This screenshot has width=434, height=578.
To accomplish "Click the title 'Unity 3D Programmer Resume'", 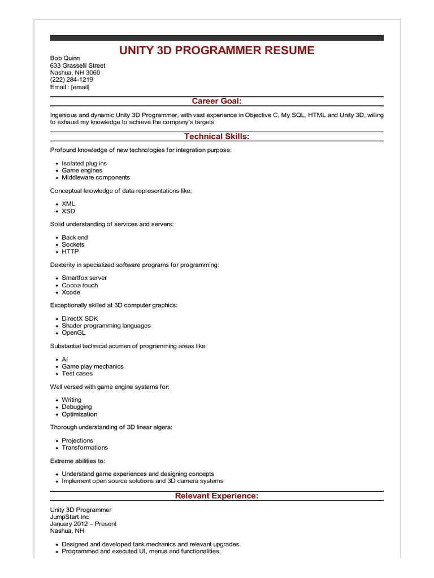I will click(x=216, y=51).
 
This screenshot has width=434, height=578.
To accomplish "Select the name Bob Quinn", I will click(x=65, y=58).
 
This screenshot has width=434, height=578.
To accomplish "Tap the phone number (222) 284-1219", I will click(x=72, y=80).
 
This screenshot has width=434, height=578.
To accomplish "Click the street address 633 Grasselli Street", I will click(x=77, y=65).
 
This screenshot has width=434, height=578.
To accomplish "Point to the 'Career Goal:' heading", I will click(x=216, y=101).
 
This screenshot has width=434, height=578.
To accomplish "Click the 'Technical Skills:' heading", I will click(x=216, y=137).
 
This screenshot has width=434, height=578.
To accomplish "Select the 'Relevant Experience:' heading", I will click(x=216, y=496).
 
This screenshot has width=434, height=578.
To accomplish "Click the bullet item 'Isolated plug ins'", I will click(x=84, y=163).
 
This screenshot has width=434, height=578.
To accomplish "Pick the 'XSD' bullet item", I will click(x=68, y=211).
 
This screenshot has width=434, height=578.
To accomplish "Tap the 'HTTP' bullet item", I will click(x=70, y=252).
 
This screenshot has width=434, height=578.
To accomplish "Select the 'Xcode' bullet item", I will click(x=71, y=292).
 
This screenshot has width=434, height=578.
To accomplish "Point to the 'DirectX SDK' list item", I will click(x=80, y=318).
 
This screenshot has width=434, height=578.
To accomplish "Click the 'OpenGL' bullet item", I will click(x=73, y=332).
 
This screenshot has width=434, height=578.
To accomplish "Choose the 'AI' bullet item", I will click(x=65, y=359).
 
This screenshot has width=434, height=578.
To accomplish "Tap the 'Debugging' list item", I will click(x=77, y=406).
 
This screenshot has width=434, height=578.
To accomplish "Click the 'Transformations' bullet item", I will click(x=85, y=448).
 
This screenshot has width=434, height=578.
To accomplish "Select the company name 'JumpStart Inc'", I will click(x=70, y=516).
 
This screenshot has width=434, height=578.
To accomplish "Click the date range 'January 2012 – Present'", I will click(x=83, y=524).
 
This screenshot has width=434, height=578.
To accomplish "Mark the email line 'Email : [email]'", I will click(x=70, y=87).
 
